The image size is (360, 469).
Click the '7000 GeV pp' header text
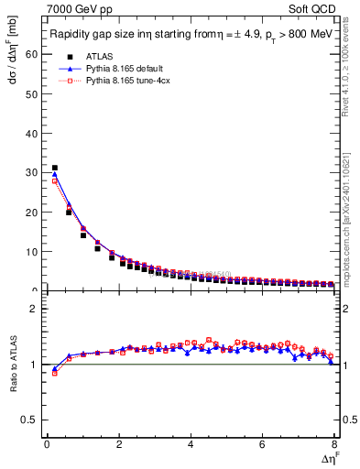pos(72,9)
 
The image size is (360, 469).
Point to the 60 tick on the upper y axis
pos(33,54)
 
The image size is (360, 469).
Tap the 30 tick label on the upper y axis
pos(33,172)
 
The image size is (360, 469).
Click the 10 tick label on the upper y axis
pos(33,251)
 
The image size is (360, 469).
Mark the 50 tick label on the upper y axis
pos(33,93)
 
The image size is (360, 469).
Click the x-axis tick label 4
pos(191,444)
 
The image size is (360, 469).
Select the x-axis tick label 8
pos(334,444)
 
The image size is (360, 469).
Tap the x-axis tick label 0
pos(47,444)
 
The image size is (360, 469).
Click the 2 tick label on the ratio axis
pos(35,309)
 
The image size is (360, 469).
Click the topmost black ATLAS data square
pos(54,168)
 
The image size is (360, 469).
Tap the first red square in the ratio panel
pos(54,373)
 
